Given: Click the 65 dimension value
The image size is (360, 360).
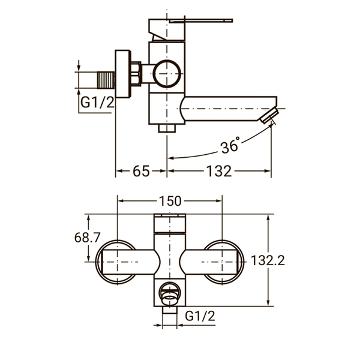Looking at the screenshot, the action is coord(141,171).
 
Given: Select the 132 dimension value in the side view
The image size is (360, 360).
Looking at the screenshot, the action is coord(219,171).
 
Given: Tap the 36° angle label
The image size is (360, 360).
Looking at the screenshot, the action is coord(230,145).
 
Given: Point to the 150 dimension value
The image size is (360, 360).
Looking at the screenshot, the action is coord(170,201).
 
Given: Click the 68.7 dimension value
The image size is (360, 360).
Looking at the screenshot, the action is coord(87,238).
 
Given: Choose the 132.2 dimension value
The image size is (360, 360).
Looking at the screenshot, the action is coord(268,260).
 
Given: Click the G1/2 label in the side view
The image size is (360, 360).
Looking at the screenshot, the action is coord(97,102).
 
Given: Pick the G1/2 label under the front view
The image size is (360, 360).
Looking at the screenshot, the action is coord(200,316).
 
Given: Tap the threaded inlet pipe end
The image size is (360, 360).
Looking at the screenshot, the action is coord(106,80).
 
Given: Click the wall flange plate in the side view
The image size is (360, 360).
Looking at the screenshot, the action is coord(123,74).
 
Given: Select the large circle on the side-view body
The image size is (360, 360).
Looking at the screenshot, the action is coord(167,73).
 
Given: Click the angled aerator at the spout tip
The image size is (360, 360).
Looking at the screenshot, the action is coord(269,116).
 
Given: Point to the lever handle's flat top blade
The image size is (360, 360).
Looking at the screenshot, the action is coord(201,21).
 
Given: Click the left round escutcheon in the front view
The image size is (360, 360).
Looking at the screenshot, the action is coord(116,262).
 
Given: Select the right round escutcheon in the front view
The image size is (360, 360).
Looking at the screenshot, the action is coord(224,262).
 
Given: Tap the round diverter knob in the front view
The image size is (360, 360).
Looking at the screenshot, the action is coord(170,294).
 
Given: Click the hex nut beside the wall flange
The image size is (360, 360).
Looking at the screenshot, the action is coord(136,74).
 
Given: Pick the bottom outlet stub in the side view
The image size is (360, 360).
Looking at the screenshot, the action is coord(167,128).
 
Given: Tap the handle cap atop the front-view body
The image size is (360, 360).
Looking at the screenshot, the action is coord(170,223).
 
